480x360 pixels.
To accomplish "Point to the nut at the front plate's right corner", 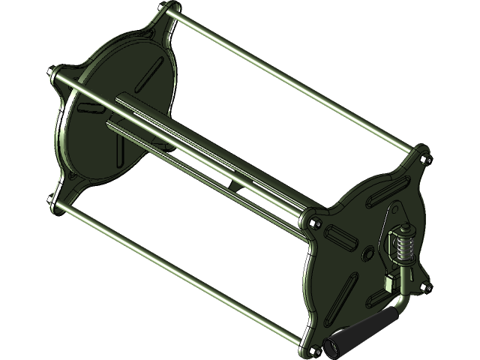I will click(427, 285).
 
